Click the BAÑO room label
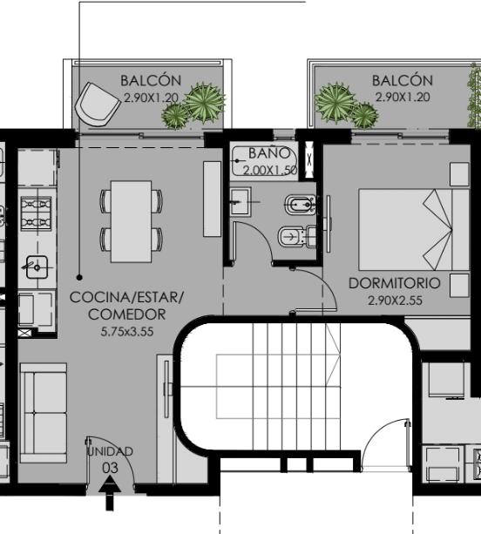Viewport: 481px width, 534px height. pos(269,153)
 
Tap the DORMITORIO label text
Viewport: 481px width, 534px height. pos(395,283)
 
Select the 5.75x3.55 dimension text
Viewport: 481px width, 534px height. pos(127,331)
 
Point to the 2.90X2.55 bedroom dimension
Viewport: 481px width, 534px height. pos(395,301)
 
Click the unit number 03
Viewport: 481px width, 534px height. pos(111,468)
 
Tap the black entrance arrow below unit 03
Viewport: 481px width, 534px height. pos(109,493)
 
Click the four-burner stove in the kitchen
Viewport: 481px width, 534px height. pos(37,213)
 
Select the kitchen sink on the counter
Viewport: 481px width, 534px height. pos(37,267)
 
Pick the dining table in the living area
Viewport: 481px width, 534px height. pos(132,221)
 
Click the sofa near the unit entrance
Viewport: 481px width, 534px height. pos(44,413)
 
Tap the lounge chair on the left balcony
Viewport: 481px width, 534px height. pos(98,105)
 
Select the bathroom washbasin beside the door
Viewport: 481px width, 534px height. pos(240,201)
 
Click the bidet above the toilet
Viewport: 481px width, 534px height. pos(300,205)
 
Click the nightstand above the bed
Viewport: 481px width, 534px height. pos(459,174)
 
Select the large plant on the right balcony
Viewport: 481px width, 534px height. pos(335,102)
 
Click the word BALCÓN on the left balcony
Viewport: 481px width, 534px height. pos(151,81)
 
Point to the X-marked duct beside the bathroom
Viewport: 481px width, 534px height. pos(309,159)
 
